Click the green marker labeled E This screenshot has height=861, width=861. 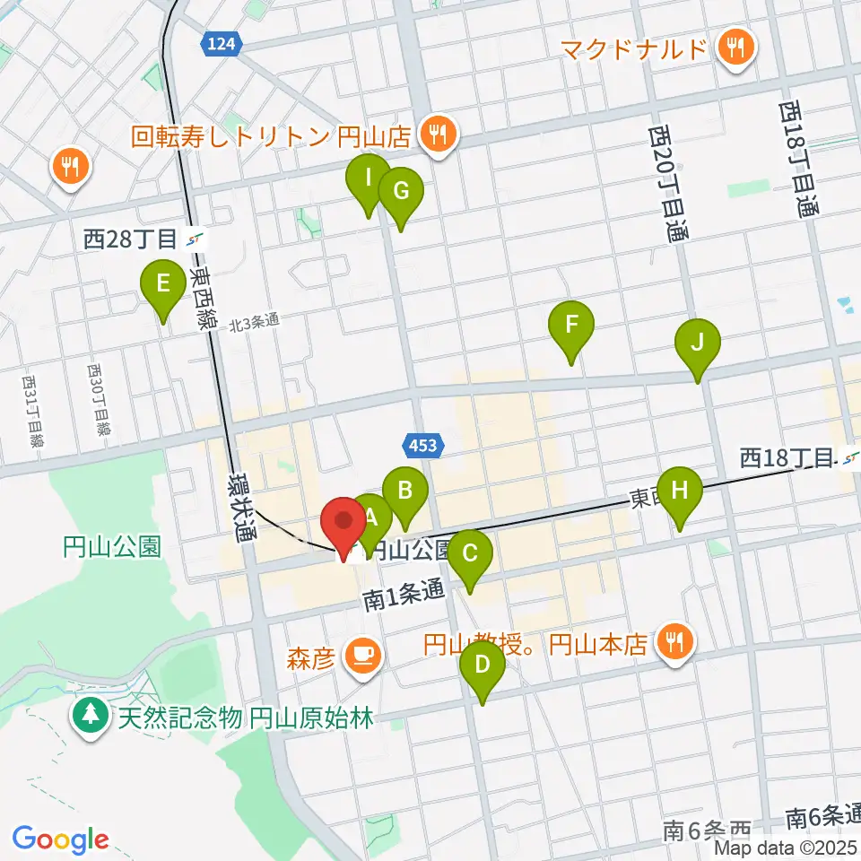coord(162,286)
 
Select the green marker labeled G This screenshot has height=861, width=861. coord(400,191)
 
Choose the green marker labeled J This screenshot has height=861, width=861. coord(699,342)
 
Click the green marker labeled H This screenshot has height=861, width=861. coord(679,491)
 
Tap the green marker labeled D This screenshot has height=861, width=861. coord(482,665)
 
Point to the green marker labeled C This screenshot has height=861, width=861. coord(470,553)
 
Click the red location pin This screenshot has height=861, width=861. coord(344,523)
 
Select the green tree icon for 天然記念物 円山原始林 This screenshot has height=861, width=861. coord(91,717)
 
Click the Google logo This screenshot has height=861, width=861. coord(60,839)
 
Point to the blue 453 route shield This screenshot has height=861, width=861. coord(421,444)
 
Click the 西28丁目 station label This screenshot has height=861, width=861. coord(130,239)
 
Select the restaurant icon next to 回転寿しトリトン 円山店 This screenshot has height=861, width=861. coord(439,136)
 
